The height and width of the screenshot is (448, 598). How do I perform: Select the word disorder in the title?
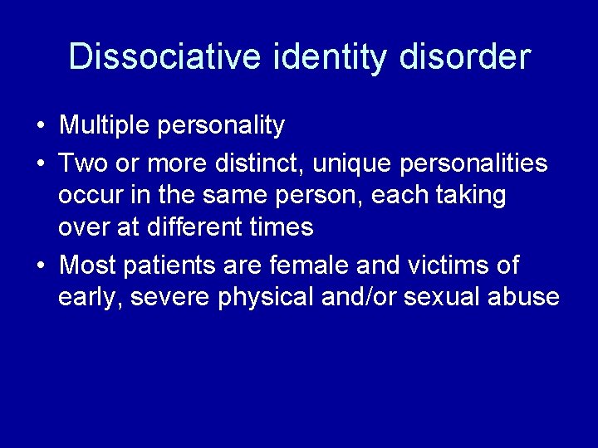pos(464,57)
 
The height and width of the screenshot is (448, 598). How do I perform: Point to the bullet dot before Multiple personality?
pos(41,126)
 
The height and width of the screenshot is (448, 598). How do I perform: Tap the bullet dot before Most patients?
pos(41,266)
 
